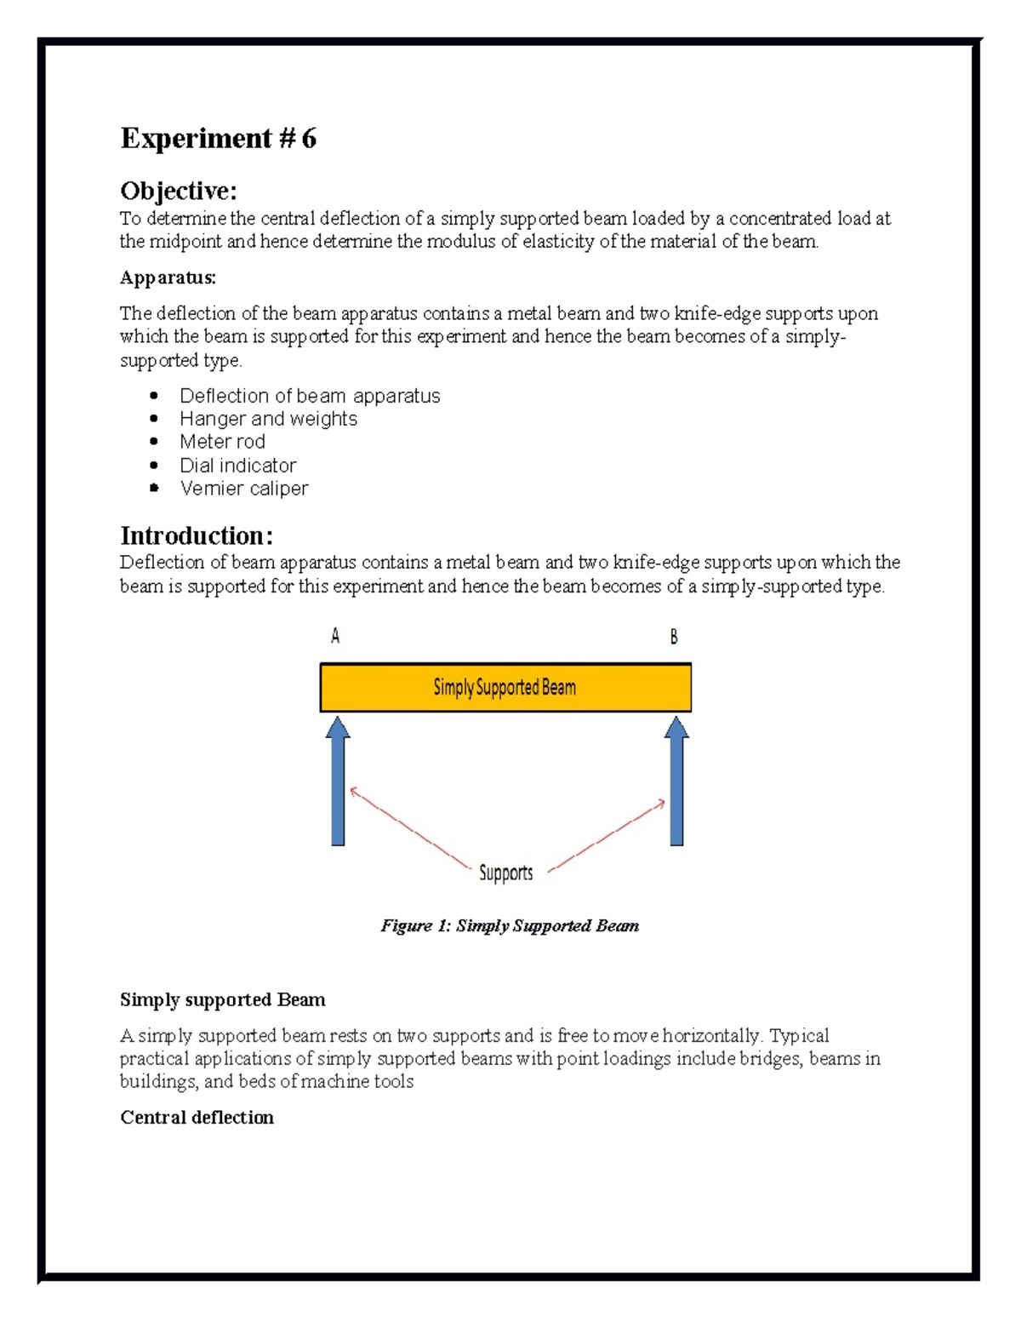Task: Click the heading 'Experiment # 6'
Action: (218, 138)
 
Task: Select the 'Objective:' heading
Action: (179, 190)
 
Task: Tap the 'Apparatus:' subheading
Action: (168, 278)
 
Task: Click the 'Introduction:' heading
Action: (197, 535)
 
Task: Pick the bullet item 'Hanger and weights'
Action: (268, 419)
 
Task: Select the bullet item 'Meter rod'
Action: (222, 442)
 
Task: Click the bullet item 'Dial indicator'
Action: (237, 466)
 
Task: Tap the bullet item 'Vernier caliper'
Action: (243, 489)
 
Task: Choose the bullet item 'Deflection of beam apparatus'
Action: (310, 396)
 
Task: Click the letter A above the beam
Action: (335, 636)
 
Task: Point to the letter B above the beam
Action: (674, 637)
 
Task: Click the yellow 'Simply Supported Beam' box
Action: (505, 688)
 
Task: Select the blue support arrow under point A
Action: (338, 781)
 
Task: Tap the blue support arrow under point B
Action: (676, 781)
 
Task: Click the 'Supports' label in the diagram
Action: (505, 873)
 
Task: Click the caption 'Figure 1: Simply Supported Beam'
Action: (509, 926)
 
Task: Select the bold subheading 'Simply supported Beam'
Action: (222, 999)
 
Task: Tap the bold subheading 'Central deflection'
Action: (197, 1118)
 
